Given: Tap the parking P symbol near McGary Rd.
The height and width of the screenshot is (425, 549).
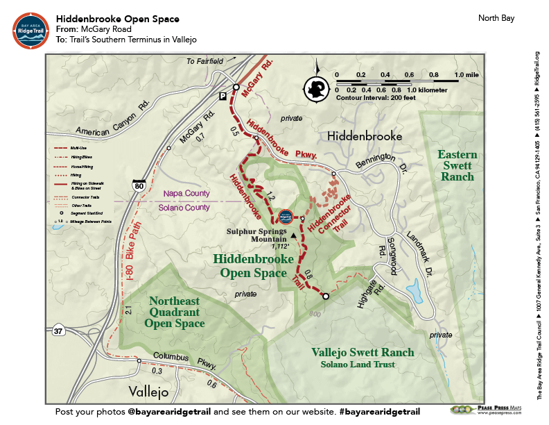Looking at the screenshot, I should (x=223, y=95).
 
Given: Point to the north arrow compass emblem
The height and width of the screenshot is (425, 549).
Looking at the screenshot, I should (x=317, y=87).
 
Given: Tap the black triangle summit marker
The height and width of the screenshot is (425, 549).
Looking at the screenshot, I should (x=294, y=236).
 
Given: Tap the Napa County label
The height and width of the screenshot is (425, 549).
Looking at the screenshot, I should (x=185, y=194).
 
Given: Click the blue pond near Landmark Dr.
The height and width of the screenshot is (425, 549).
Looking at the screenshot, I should (x=415, y=288).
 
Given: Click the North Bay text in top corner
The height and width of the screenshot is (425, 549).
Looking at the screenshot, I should (x=496, y=17).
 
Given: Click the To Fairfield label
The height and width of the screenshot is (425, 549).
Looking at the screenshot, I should (x=204, y=62).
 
